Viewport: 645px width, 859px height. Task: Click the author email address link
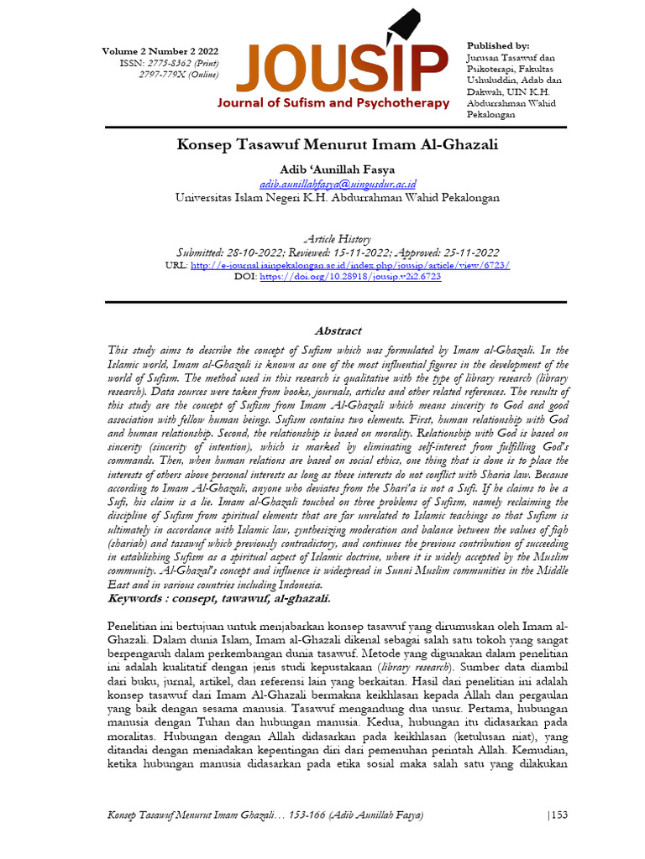338,184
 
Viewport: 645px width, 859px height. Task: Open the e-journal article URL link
349,264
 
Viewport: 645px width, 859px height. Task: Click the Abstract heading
338,331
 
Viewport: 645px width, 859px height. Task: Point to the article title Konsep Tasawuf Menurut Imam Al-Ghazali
338,144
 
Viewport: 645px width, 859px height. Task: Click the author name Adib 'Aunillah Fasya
338,170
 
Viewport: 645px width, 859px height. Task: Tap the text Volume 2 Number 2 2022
160,51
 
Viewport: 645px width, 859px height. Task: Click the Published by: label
497,45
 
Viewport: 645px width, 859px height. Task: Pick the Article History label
338,239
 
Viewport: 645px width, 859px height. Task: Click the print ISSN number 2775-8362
165,63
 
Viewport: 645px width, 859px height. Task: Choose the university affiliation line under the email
338,198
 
